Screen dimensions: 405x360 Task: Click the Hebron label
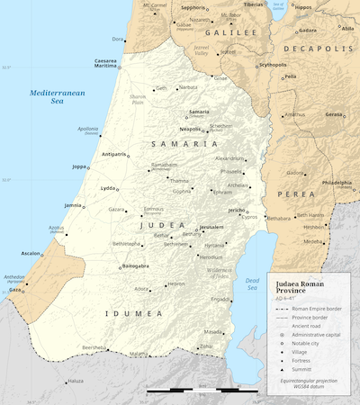[175, 284]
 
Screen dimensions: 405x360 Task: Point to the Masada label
[211, 331]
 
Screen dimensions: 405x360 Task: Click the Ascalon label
[31, 253]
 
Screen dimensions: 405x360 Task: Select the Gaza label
[16, 291]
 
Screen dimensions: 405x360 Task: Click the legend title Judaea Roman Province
[307, 287]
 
